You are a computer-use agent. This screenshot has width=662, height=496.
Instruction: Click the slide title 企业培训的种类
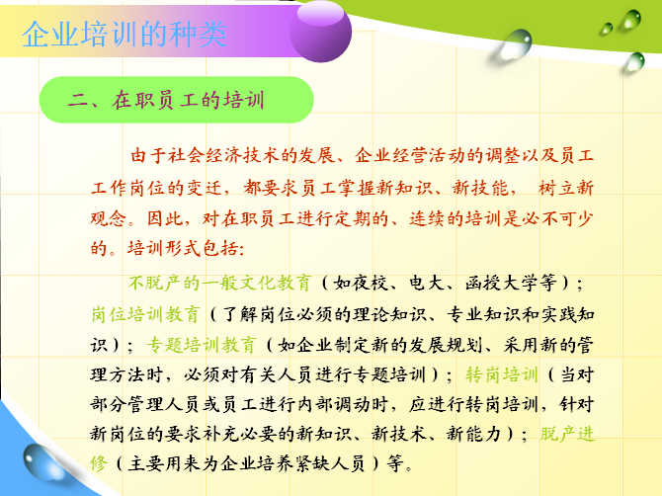(124, 35)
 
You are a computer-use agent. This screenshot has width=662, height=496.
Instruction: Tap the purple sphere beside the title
(320, 32)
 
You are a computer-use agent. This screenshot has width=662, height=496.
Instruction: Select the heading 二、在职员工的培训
(166, 101)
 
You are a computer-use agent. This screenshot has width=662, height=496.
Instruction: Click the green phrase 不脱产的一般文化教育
(220, 283)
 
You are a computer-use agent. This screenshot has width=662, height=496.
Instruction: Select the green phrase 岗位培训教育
(145, 314)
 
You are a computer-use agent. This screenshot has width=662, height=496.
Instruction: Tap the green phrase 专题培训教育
(202, 345)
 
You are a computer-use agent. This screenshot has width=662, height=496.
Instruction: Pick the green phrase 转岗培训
(502, 374)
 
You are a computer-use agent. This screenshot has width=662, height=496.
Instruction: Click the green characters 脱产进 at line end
(567, 434)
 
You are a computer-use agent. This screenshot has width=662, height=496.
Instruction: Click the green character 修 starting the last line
(99, 463)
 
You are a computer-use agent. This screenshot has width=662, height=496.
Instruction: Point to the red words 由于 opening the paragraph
(148, 155)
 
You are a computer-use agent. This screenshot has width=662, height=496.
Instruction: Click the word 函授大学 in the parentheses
(501, 283)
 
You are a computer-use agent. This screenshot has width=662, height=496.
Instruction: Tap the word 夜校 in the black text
(371, 283)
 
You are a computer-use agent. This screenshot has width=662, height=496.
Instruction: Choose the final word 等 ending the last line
(396, 463)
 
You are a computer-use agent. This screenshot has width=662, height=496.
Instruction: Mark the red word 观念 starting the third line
(109, 217)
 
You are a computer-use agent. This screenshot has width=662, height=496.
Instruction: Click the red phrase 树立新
(566, 187)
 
